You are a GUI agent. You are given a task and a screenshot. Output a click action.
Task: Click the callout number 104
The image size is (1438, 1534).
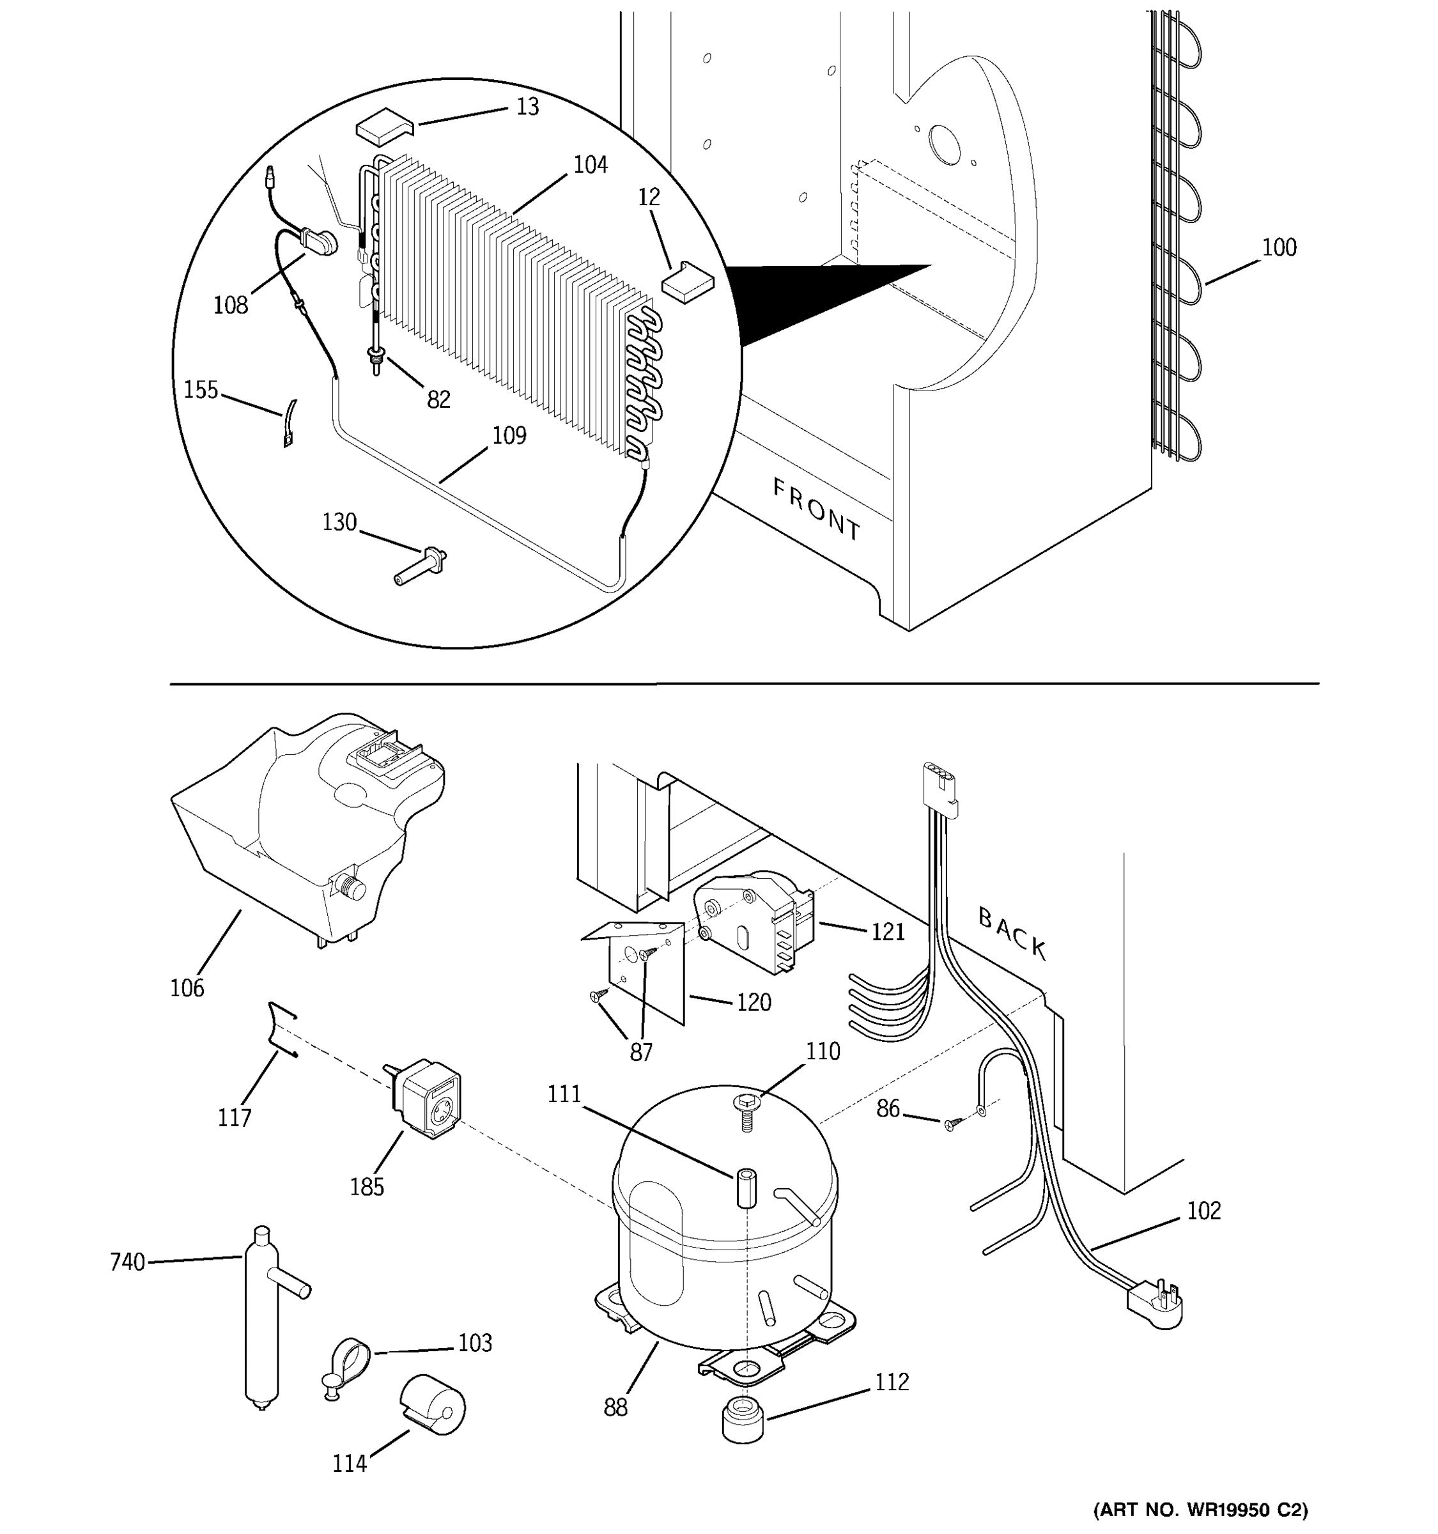pyautogui.click(x=590, y=164)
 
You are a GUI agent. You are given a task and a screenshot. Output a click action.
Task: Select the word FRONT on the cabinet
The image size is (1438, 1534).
pyautogui.click(x=816, y=509)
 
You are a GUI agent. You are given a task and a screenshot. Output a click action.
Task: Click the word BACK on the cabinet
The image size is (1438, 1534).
pyautogui.click(x=1012, y=934)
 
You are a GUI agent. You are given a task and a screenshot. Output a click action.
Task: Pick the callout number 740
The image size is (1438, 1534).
pyautogui.click(x=127, y=1262)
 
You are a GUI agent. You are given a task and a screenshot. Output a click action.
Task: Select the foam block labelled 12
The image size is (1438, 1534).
pyautogui.click(x=688, y=279)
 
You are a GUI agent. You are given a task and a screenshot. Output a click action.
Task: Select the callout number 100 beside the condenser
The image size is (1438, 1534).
pyautogui.click(x=1278, y=248)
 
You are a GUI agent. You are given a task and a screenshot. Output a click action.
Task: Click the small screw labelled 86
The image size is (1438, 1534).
pyautogui.click(x=950, y=1125)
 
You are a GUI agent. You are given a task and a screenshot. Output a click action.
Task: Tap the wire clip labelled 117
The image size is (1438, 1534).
pyautogui.click(x=281, y=1030)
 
